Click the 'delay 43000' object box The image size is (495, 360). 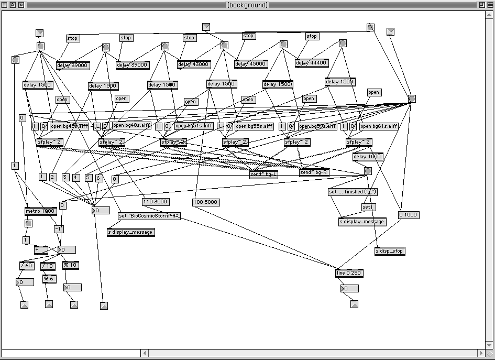point(193,64)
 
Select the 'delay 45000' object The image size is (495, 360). point(251,64)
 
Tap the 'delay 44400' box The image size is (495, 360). point(312,63)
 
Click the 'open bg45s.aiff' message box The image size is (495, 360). point(70,126)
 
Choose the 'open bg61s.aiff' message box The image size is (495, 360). point(379,126)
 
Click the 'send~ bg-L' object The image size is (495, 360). point(263,174)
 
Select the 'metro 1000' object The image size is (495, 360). point(40,211)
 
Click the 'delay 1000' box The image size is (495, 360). point(368,157)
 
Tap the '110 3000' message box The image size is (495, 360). point(156,202)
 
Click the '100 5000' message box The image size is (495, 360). point(205,202)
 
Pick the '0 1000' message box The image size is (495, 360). point(409,215)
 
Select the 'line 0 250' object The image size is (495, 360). point(349,273)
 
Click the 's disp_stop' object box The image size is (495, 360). point(390,251)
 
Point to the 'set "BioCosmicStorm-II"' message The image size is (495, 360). point(149,216)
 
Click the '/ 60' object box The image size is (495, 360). point(27,266)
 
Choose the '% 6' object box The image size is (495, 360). point(49,279)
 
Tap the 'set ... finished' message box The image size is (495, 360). point(353,192)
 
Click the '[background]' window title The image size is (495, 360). point(247,5)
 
